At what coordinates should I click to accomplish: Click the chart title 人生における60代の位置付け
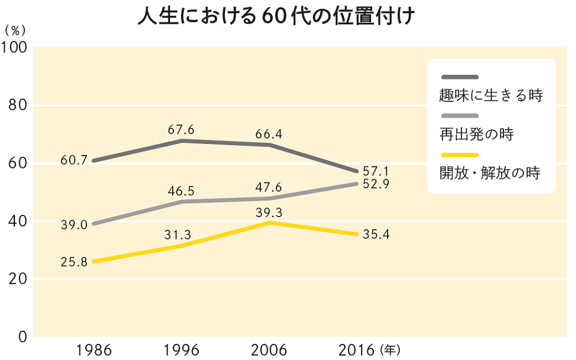[x=276, y=17]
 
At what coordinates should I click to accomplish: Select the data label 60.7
[x=74, y=160]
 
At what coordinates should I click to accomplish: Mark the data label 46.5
[x=181, y=190]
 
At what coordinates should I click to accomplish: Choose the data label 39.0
[x=74, y=225]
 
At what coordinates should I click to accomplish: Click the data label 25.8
[x=74, y=263]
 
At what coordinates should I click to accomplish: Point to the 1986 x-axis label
[x=93, y=349]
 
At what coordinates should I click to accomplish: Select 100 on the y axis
[x=16, y=47]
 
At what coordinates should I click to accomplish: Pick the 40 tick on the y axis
[x=19, y=221]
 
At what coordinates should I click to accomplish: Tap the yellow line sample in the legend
[x=460, y=154]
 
